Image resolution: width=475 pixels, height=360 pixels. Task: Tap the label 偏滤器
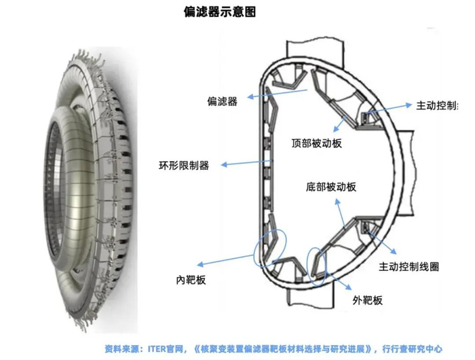(x=223, y=101)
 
